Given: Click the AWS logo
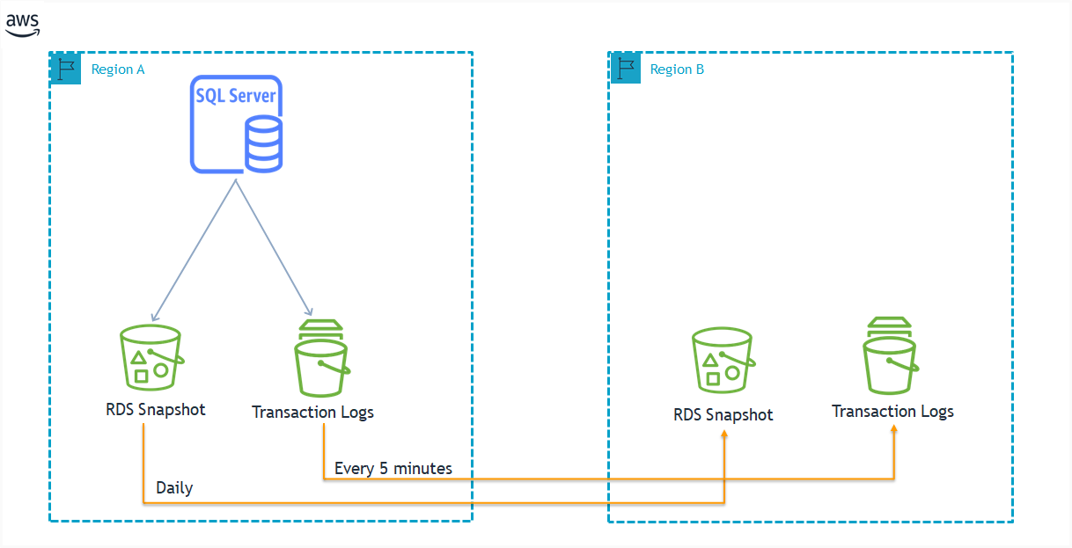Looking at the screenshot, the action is click(x=23, y=25).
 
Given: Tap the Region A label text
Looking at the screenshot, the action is click(x=118, y=69).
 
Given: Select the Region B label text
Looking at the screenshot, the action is click(x=677, y=69).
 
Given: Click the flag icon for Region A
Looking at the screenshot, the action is click(x=65, y=69).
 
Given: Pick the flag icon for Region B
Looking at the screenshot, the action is click(x=626, y=69).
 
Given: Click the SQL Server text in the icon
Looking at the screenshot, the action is click(x=236, y=96).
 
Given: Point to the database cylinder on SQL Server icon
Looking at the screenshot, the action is click(x=264, y=144).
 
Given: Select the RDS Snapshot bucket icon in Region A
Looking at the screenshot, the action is click(x=151, y=357).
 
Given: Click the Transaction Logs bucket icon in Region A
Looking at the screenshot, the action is click(x=322, y=358).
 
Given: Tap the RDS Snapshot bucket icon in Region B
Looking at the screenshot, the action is click(x=723, y=360).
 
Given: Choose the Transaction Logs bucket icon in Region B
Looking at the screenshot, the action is click(x=890, y=355).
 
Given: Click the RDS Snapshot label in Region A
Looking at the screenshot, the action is click(x=156, y=410).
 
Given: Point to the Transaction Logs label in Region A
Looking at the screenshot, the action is click(x=313, y=413).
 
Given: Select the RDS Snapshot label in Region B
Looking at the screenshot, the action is click(x=723, y=414).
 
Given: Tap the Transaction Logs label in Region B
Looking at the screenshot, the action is click(x=892, y=412).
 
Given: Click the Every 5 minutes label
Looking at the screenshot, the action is click(x=393, y=468).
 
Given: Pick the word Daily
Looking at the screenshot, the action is click(x=174, y=488).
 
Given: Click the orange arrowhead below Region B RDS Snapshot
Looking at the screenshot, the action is click(x=724, y=434).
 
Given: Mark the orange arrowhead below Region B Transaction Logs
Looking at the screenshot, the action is click(x=893, y=429).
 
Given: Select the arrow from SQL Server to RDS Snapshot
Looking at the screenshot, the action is click(x=194, y=251).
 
